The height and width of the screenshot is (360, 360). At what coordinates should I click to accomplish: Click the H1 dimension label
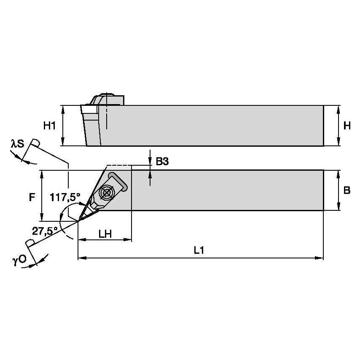pyautogui.click(x=49, y=125)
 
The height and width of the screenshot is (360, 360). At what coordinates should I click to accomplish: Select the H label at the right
pyautogui.click(x=347, y=125)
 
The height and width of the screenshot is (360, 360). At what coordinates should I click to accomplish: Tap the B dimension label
pyautogui.click(x=347, y=190)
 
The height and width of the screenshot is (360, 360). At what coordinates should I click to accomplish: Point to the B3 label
pyautogui.click(x=162, y=161)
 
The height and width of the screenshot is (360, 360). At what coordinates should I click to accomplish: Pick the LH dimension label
pyautogui.click(x=105, y=234)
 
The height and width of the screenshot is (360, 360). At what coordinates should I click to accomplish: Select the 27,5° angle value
pyautogui.click(x=44, y=230)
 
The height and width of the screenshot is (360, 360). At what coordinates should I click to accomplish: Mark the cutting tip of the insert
pyautogui.click(x=78, y=221)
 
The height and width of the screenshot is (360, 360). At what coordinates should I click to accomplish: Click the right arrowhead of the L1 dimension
pyautogui.click(x=320, y=257)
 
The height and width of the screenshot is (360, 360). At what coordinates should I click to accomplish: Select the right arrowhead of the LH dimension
pyautogui.click(x=129, y=240)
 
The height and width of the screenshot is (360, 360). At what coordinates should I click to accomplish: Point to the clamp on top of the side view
pyautogui.click(x=105, y=99)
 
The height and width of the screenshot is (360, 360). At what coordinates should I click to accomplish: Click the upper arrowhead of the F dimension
pyautogui.click(x=42, y=173)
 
